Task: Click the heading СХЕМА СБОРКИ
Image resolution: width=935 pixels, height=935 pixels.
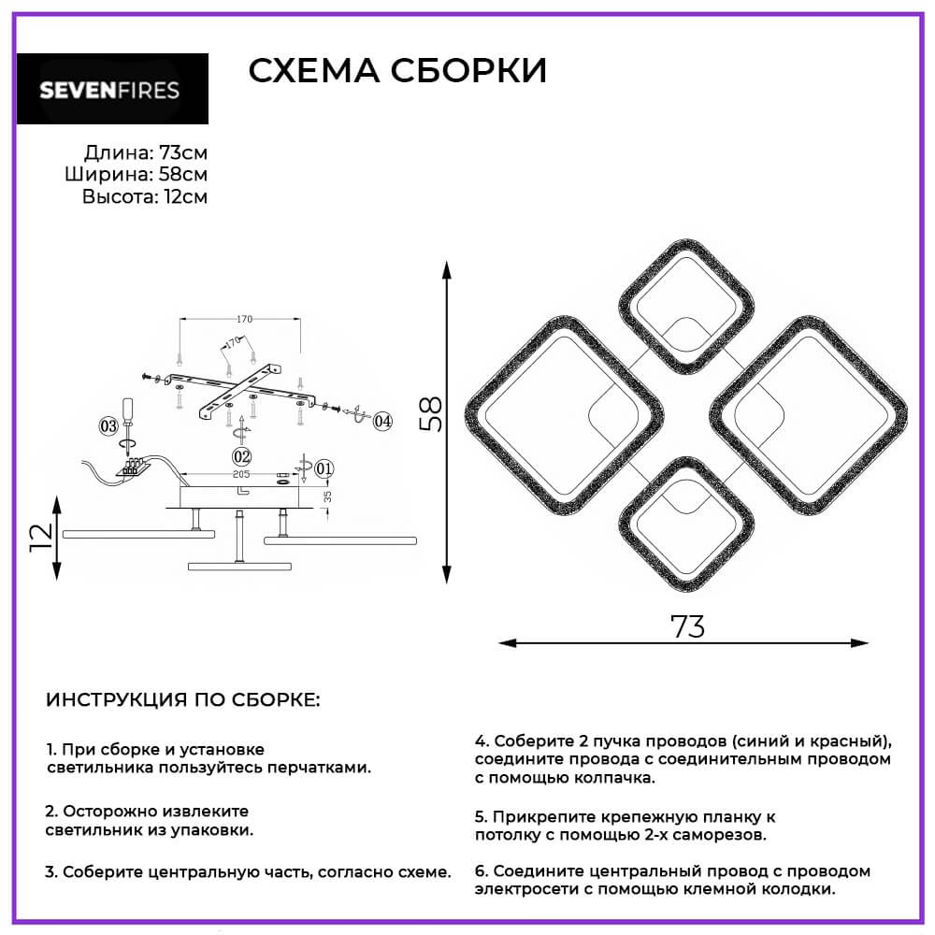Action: point(396,71)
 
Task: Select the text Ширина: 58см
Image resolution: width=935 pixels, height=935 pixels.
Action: point(137,175)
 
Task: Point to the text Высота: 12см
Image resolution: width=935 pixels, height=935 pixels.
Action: point(144,196)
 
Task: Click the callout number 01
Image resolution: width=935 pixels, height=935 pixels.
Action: point(324,467)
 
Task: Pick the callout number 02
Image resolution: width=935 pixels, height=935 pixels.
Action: point(242,455)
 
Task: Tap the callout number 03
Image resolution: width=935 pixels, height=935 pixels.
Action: point(108,427)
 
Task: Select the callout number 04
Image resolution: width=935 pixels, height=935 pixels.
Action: point(382,421)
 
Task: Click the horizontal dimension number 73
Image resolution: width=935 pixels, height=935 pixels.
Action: point(687,627)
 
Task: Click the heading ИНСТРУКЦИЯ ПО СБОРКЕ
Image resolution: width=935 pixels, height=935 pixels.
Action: point(182,700)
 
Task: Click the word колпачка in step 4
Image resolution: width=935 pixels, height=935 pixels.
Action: point(613,777)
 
